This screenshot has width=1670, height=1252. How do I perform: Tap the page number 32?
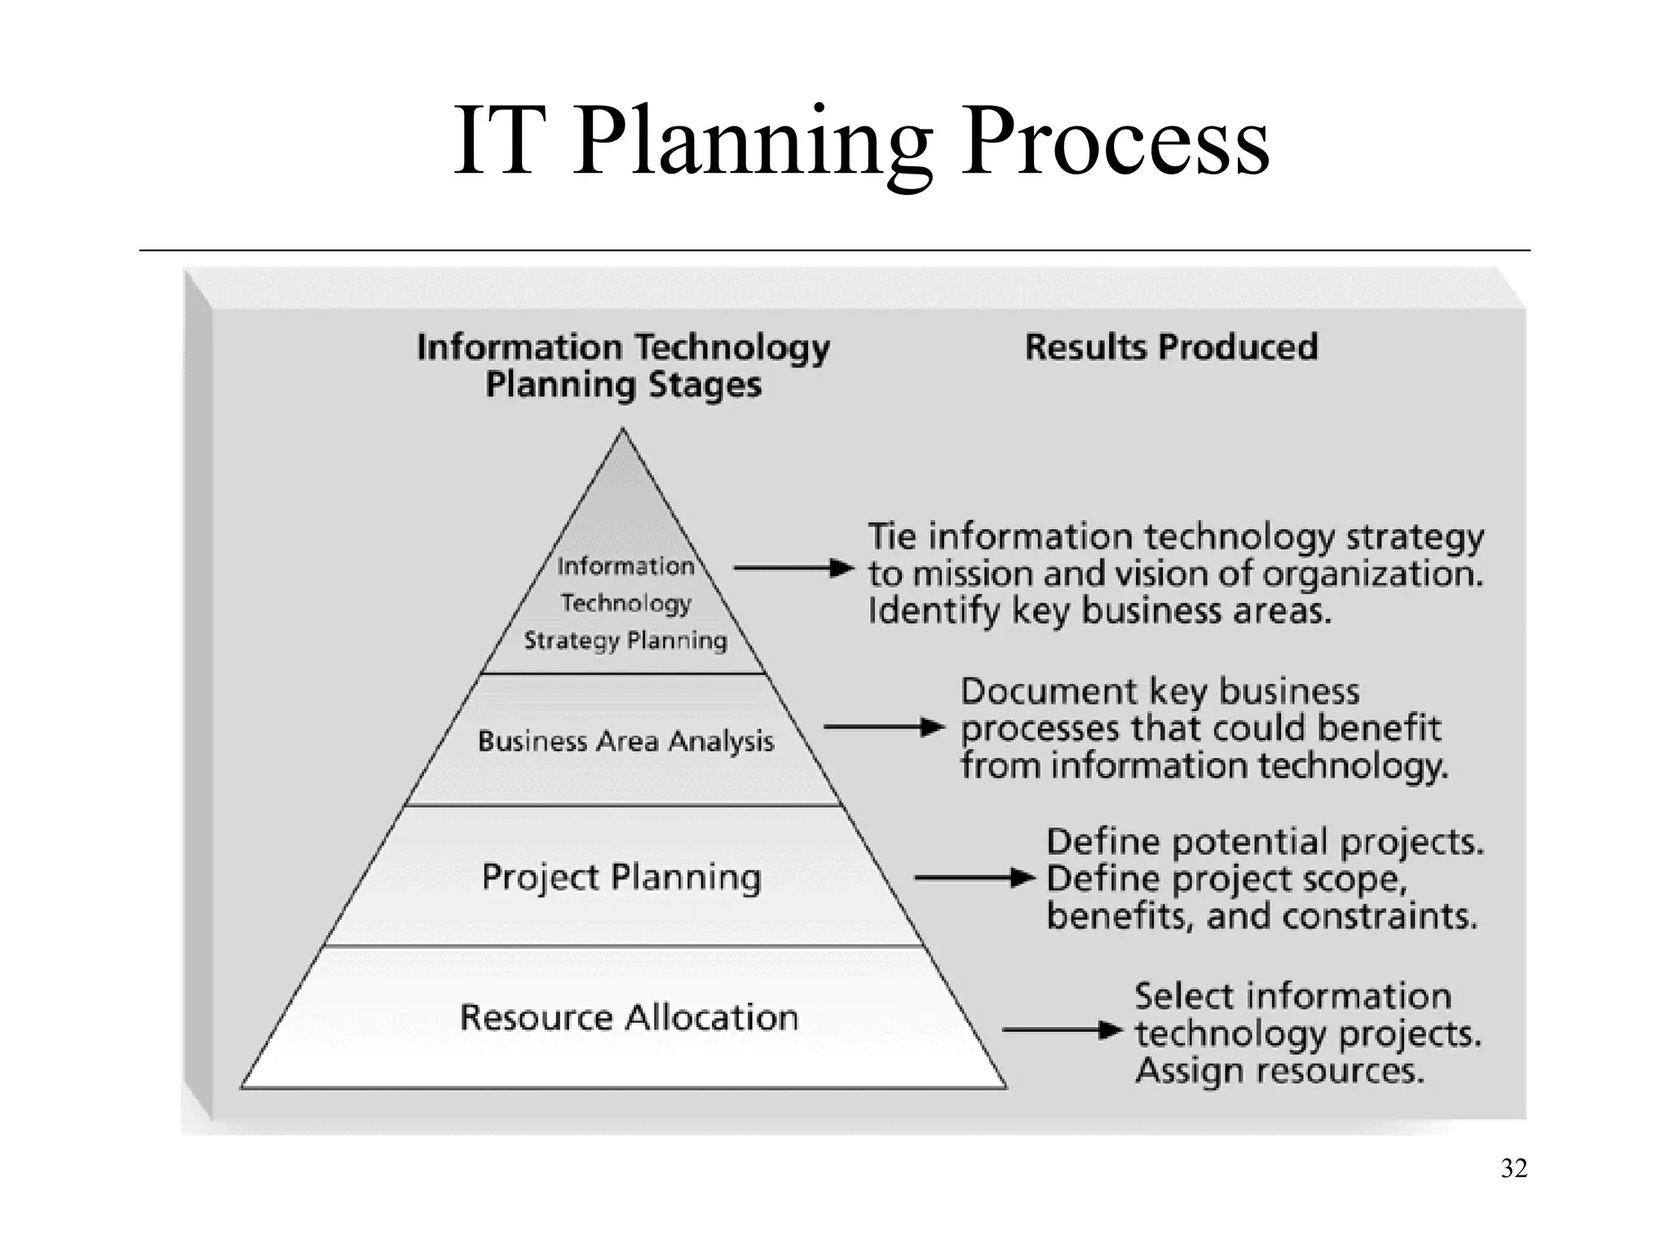coord(1513,1169)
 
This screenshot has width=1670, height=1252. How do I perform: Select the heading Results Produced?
coord(1171,347)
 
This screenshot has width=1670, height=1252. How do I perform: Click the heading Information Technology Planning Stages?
coord(624,366)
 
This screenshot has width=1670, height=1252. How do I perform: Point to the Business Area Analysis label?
coord(625,741)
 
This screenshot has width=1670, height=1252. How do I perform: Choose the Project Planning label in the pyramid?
coord(621,877)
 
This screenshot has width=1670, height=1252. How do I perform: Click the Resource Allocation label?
coord(629,1017)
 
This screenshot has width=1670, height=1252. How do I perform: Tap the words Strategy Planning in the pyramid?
coord(625,641)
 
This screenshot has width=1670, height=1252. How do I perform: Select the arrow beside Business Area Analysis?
coord(884,727)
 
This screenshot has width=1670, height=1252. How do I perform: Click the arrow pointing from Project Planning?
coord(974,878)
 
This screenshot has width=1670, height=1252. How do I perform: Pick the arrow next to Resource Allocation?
coord(1063,1030)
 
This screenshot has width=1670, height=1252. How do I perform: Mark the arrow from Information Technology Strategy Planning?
coord(793,568)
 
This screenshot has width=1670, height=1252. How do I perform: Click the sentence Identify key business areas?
coord(1099,611)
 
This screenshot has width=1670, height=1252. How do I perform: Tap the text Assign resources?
coord(1279,1071)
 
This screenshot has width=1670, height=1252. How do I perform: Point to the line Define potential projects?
coord(1265,842)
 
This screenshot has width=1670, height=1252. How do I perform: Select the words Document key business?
coord(1160,692)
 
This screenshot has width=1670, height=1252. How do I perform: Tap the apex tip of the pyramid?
coord(623,432)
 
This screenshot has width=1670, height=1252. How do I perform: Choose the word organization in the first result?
coord(1372,575)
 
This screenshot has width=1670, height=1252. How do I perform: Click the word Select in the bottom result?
coord(1183,996)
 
